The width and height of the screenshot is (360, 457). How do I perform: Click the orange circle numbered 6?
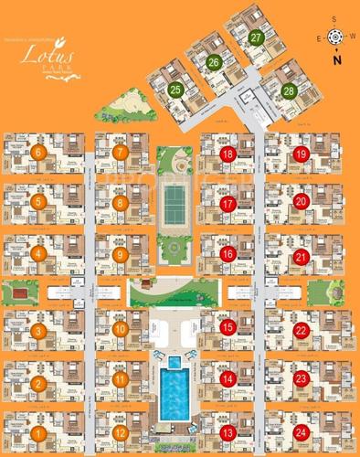tap(38, 153)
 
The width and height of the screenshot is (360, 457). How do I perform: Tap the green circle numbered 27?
tap(257, 38)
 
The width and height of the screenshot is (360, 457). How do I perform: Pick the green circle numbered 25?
tap(175, 90)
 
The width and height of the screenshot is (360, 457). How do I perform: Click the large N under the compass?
tap(337, 60)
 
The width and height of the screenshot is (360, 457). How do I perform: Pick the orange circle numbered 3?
tap(38, 330)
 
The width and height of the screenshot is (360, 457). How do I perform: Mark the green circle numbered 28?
tap(289, 91)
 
